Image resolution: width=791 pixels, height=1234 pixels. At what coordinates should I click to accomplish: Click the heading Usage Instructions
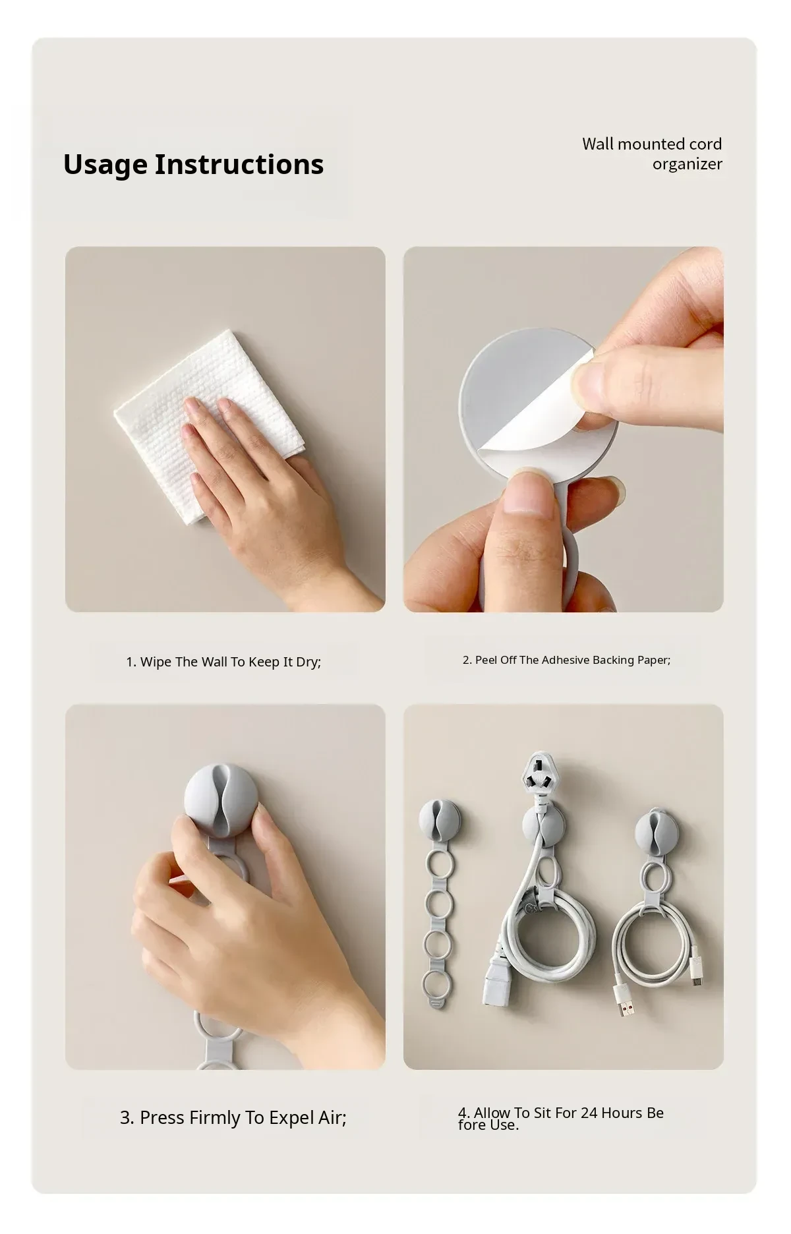[x=193, y=165]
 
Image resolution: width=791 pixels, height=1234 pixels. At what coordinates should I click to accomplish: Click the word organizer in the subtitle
[x=687, y=164]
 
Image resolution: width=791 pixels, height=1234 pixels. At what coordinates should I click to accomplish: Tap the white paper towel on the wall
[x=208, y=422]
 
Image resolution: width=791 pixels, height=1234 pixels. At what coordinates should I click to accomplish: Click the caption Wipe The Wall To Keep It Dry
[x=223, y=662]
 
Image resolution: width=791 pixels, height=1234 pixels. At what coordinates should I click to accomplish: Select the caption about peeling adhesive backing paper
[x=566, y=660]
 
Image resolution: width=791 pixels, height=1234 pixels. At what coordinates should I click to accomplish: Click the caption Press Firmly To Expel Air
[x=233, y=1118]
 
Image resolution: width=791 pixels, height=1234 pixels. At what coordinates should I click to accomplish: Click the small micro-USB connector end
[x=697, y=973]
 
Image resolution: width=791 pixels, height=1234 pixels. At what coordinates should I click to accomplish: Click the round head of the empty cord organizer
[x=440, y=819]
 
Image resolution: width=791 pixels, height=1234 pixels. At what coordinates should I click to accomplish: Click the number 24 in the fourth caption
[x=589, y=1113]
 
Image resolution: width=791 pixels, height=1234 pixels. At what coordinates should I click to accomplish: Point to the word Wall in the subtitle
[x=599, y=144]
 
